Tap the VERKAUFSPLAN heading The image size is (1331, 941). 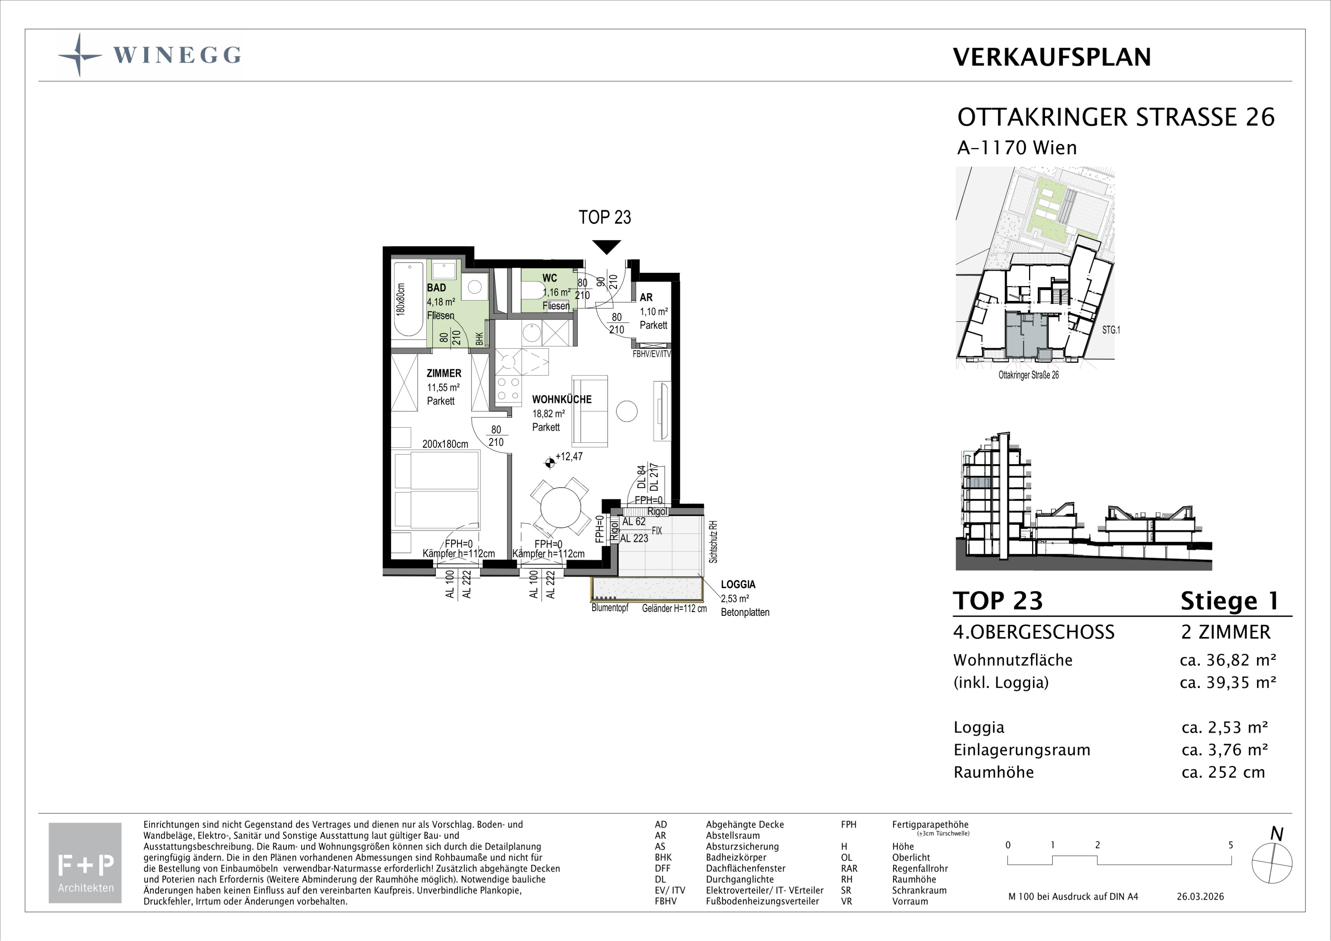coord(1051,57)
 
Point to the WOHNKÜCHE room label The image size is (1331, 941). coord(562,399)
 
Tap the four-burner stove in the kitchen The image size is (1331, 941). coord(508,389)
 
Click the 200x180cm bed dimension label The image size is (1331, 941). coord(445,444)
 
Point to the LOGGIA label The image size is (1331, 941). coord(738,585)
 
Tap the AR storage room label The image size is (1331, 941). coord(646,297)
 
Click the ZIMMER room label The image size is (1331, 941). coord(444,374)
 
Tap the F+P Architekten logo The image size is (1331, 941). coord(85,863)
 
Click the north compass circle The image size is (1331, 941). coord(1272,863)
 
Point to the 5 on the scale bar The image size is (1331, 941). coord(1231,845)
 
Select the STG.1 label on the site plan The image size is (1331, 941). coord(1111,330)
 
